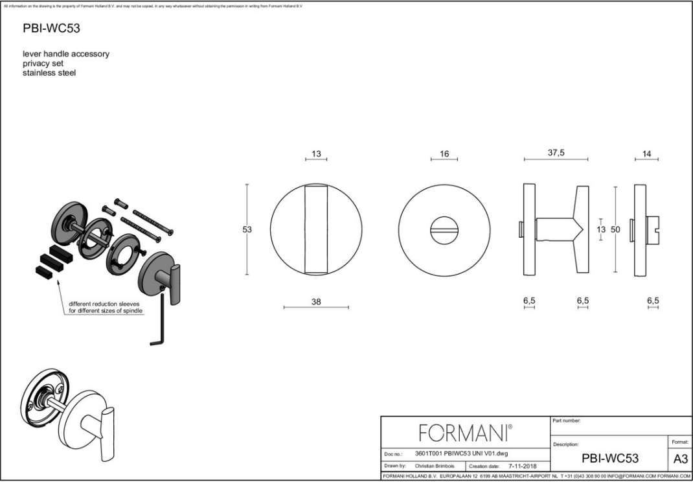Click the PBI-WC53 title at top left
point(51,29)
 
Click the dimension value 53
point(247,229)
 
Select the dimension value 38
point(316,301)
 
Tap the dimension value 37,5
point(556,153)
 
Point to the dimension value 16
point(444,154)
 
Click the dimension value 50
point(616,229)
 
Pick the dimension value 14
point(646,154)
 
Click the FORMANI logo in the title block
point(466,431)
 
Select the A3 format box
point(680,458)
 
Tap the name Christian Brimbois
point(434,466)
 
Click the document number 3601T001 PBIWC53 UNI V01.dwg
point(461,453)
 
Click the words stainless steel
point(49,73)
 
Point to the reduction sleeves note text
point(106,307)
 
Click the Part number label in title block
point(567,420)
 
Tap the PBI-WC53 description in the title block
point(609,458)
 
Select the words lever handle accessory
point(66,54)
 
